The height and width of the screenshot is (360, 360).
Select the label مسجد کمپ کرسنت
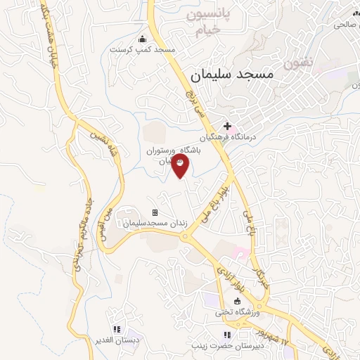(141, 51)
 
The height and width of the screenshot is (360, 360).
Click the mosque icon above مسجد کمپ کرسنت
(143, 39)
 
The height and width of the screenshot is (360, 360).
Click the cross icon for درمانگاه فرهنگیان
(226, 126)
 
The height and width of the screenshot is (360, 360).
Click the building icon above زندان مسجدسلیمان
(155, 213)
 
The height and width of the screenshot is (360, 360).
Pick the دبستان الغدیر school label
(117, 340)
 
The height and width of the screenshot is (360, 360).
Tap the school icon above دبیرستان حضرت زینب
(226, 335)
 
